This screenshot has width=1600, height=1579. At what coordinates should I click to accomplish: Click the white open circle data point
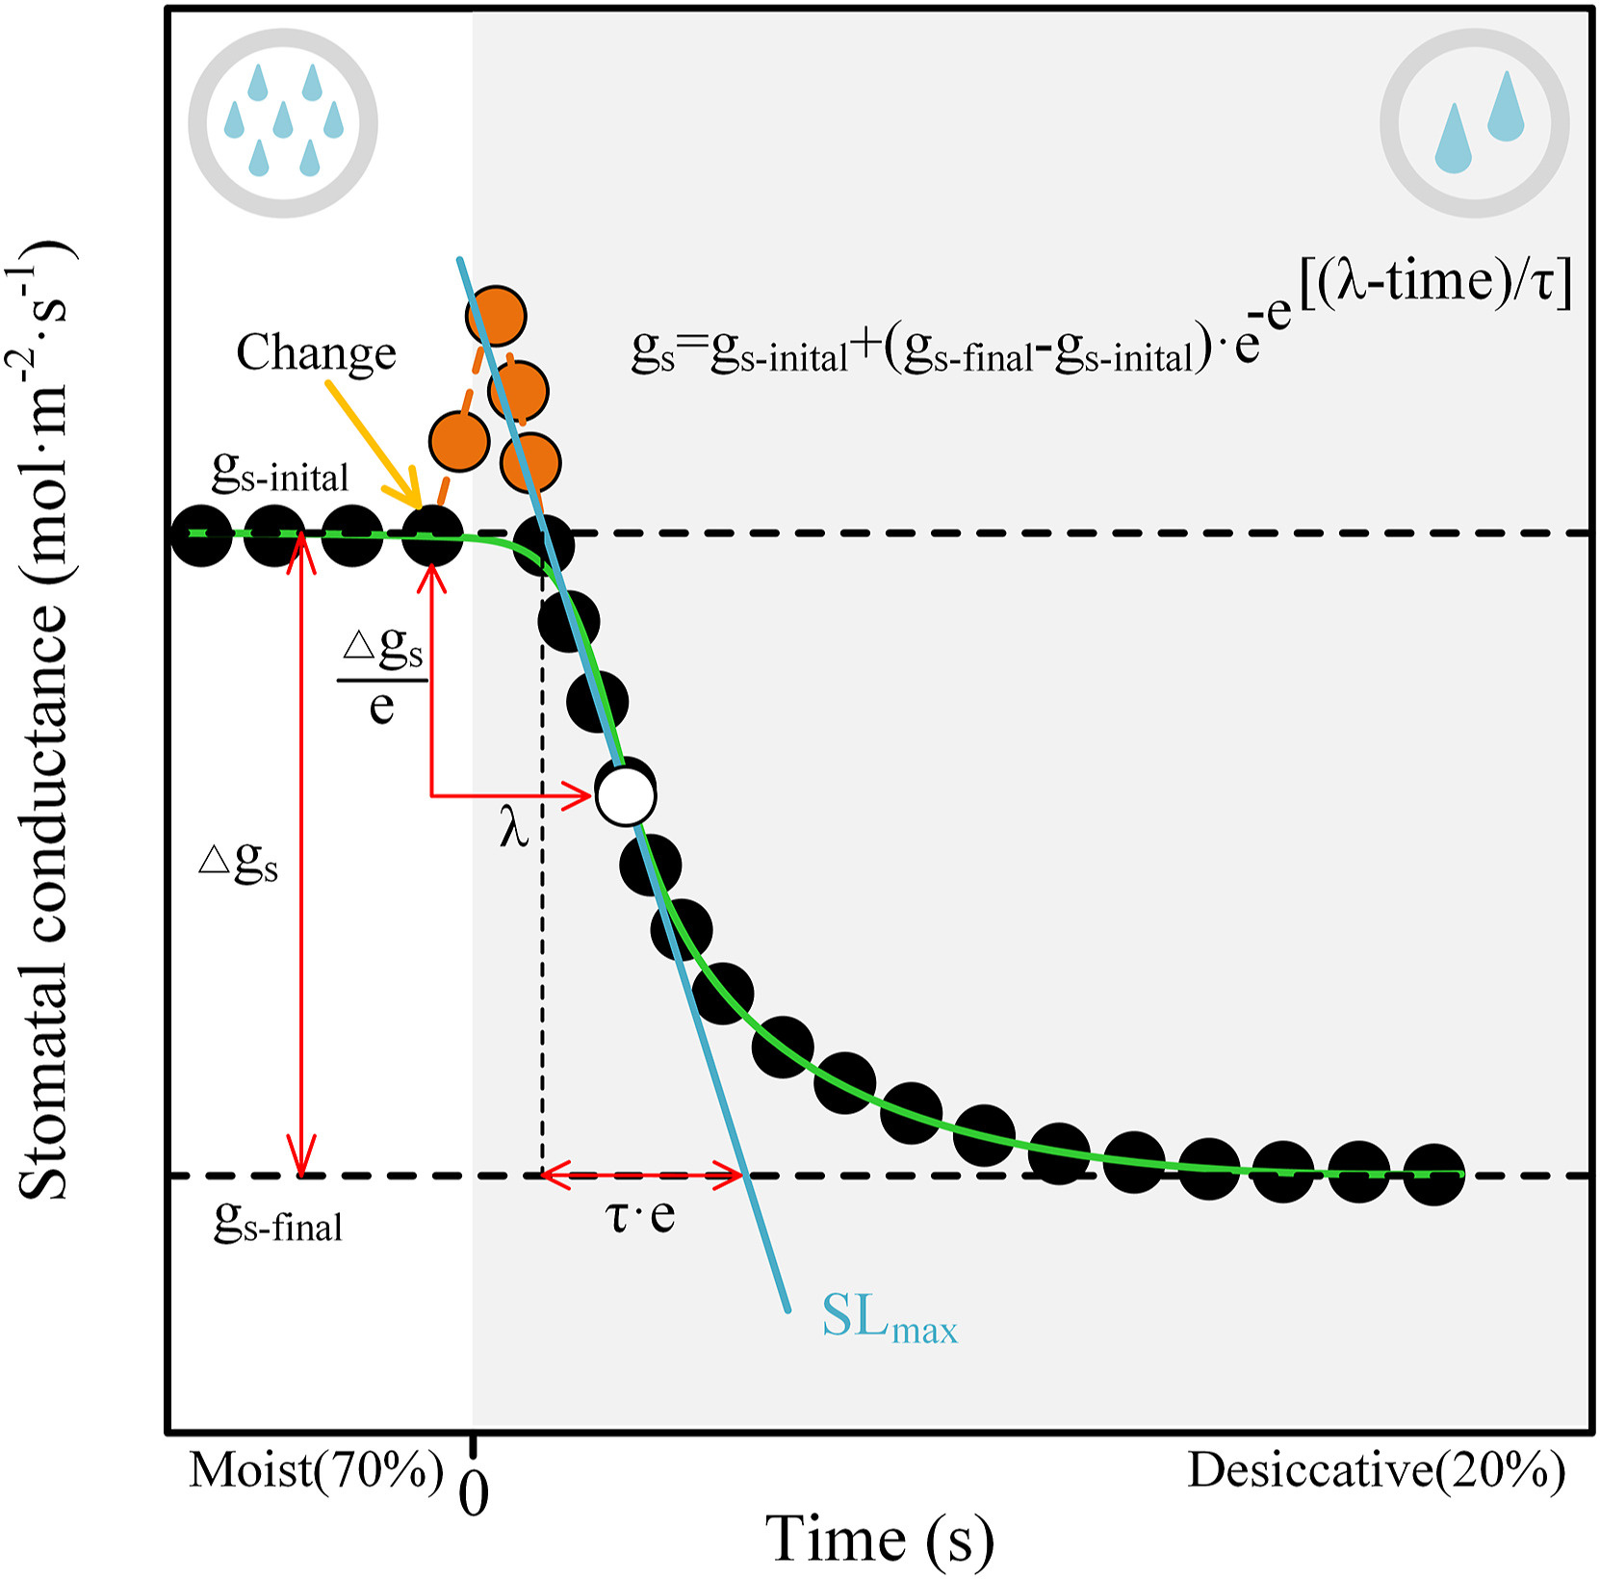(x=627, y=795)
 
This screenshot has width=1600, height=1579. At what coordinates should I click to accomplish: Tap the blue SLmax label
(x=889, y=1317)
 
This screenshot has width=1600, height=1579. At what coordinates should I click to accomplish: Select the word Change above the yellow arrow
(x=316, y=352)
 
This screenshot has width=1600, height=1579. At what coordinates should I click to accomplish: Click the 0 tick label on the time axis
(x=474, y=1494)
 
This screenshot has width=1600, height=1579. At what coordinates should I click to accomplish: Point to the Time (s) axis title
(x=879, y=1539)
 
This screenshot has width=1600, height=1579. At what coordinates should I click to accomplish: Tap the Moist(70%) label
(x=316, y=1470)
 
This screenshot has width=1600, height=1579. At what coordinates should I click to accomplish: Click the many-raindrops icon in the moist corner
(x=283, y=123)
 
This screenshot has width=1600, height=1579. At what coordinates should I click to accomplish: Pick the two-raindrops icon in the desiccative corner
(x=1475, y=123)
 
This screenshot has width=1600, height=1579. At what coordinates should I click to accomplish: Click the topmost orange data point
(x=496, y=316)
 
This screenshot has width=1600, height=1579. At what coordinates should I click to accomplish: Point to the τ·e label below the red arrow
(x=640, y=1215)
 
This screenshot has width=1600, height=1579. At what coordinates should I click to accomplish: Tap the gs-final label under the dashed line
(x=278, y=1225)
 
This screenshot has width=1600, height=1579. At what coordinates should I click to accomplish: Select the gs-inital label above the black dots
(x=279, y=474)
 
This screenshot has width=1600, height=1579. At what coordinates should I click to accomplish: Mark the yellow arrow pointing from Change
(x=374, y=443)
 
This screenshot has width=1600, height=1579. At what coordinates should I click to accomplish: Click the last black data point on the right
(x=1433, y=1175)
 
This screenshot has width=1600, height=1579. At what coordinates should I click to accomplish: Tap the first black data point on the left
(x=201, y=534)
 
